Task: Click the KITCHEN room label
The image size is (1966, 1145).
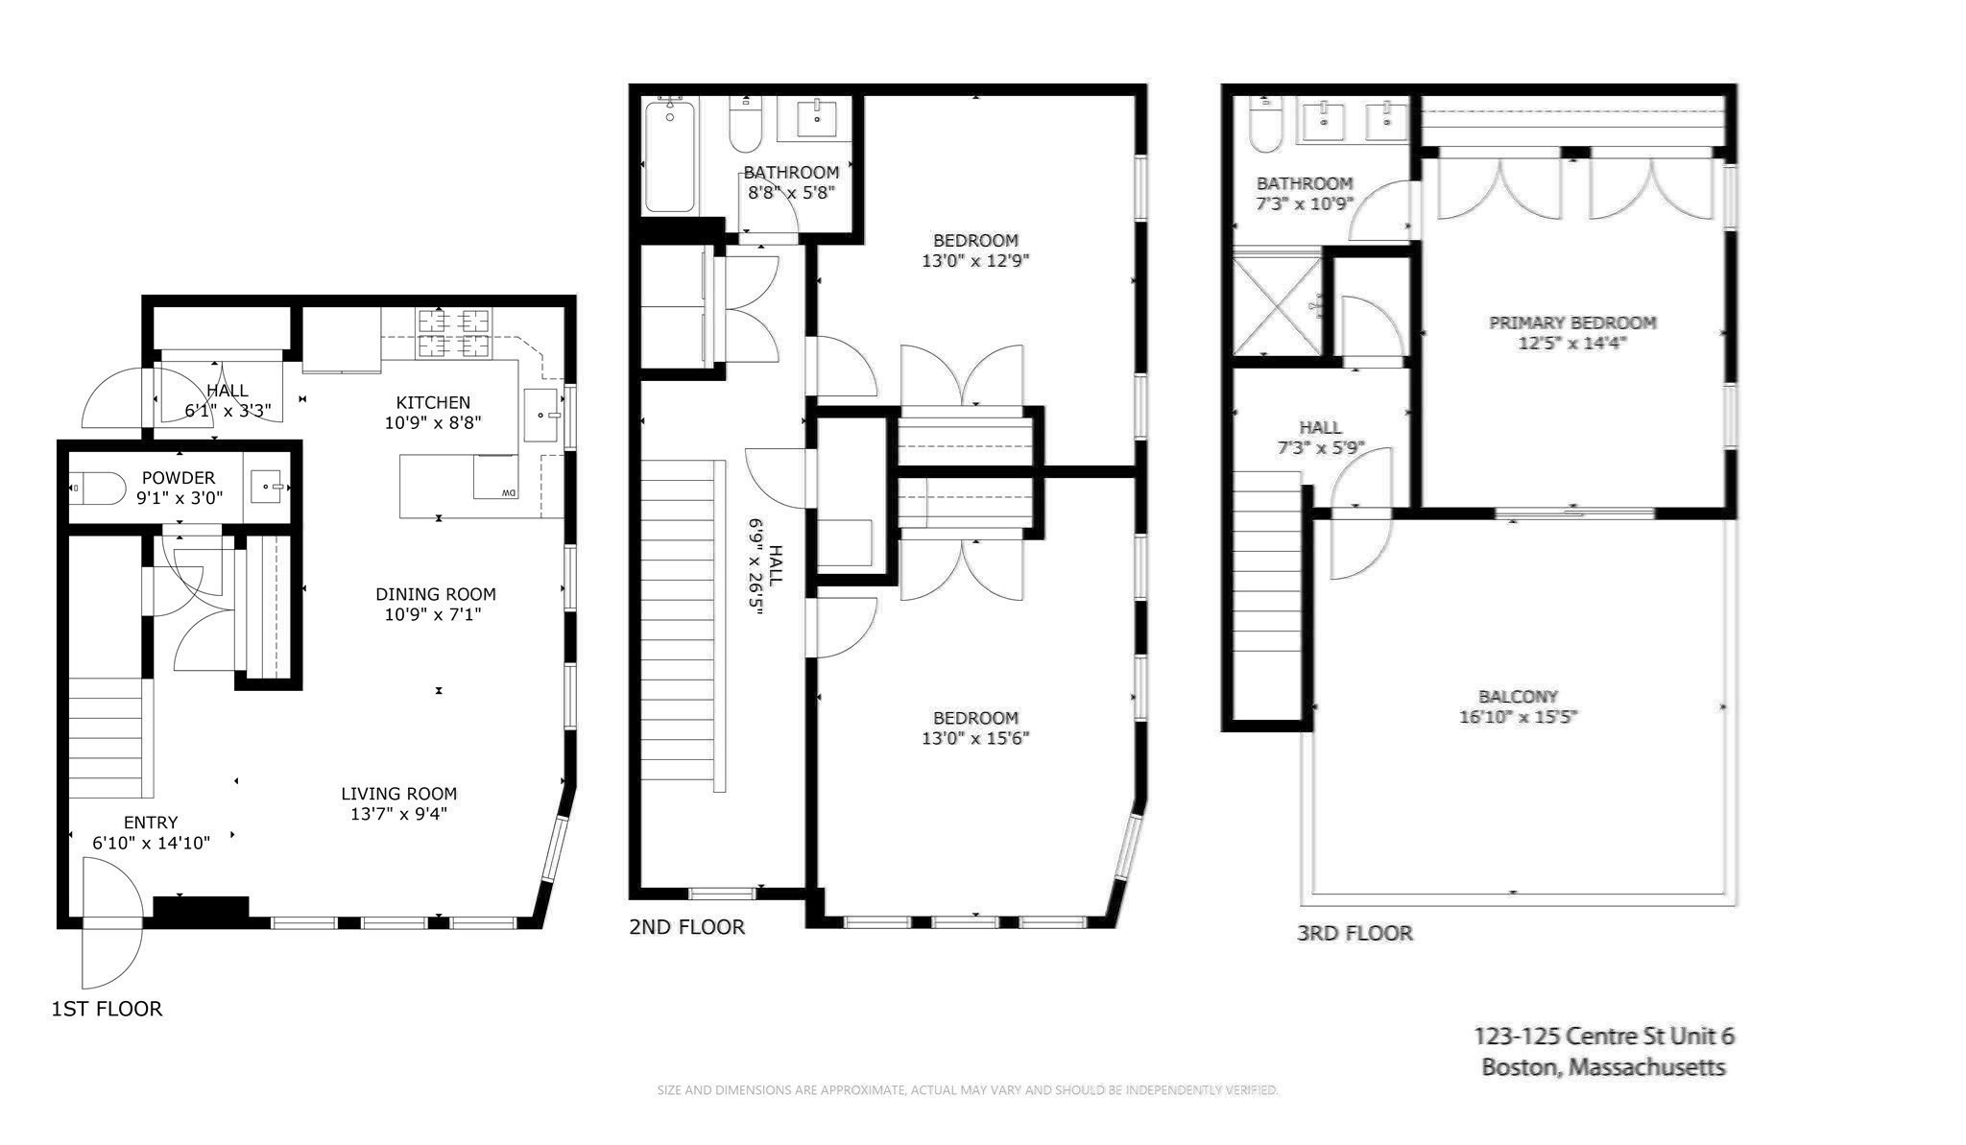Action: [433, 403]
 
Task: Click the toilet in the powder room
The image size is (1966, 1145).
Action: [98, 488]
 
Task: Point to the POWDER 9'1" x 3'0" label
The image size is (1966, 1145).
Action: [179, 488]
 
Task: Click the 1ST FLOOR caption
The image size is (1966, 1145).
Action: [107, 1009]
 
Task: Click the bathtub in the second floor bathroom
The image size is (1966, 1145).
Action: [669, 155]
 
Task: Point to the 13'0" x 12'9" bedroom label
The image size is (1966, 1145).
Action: [974, 250]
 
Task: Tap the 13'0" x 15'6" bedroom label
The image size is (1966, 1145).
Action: [974, 728]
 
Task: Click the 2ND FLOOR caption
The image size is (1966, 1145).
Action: [686, 927]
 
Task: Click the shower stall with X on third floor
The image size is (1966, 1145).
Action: [1276, 303]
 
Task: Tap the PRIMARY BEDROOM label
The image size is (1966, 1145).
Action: [1571, 332]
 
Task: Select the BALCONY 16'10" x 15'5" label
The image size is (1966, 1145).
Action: [1518, 706]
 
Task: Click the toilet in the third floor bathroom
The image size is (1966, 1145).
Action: [1264, 129]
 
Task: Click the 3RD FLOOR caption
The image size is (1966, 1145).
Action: [1355, 933]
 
